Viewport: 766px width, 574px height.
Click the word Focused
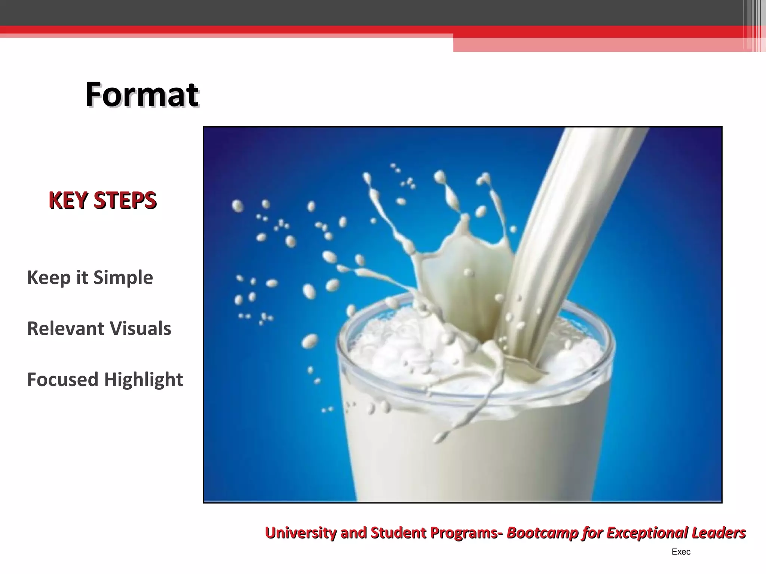(x=62, y=379)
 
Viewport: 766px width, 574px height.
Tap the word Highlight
(x=143, y=380)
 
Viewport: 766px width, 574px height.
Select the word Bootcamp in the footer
(x=542, y=533)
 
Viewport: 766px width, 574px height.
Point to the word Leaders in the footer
(x=718, y=533)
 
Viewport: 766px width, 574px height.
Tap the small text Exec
(x=681, y=552)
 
